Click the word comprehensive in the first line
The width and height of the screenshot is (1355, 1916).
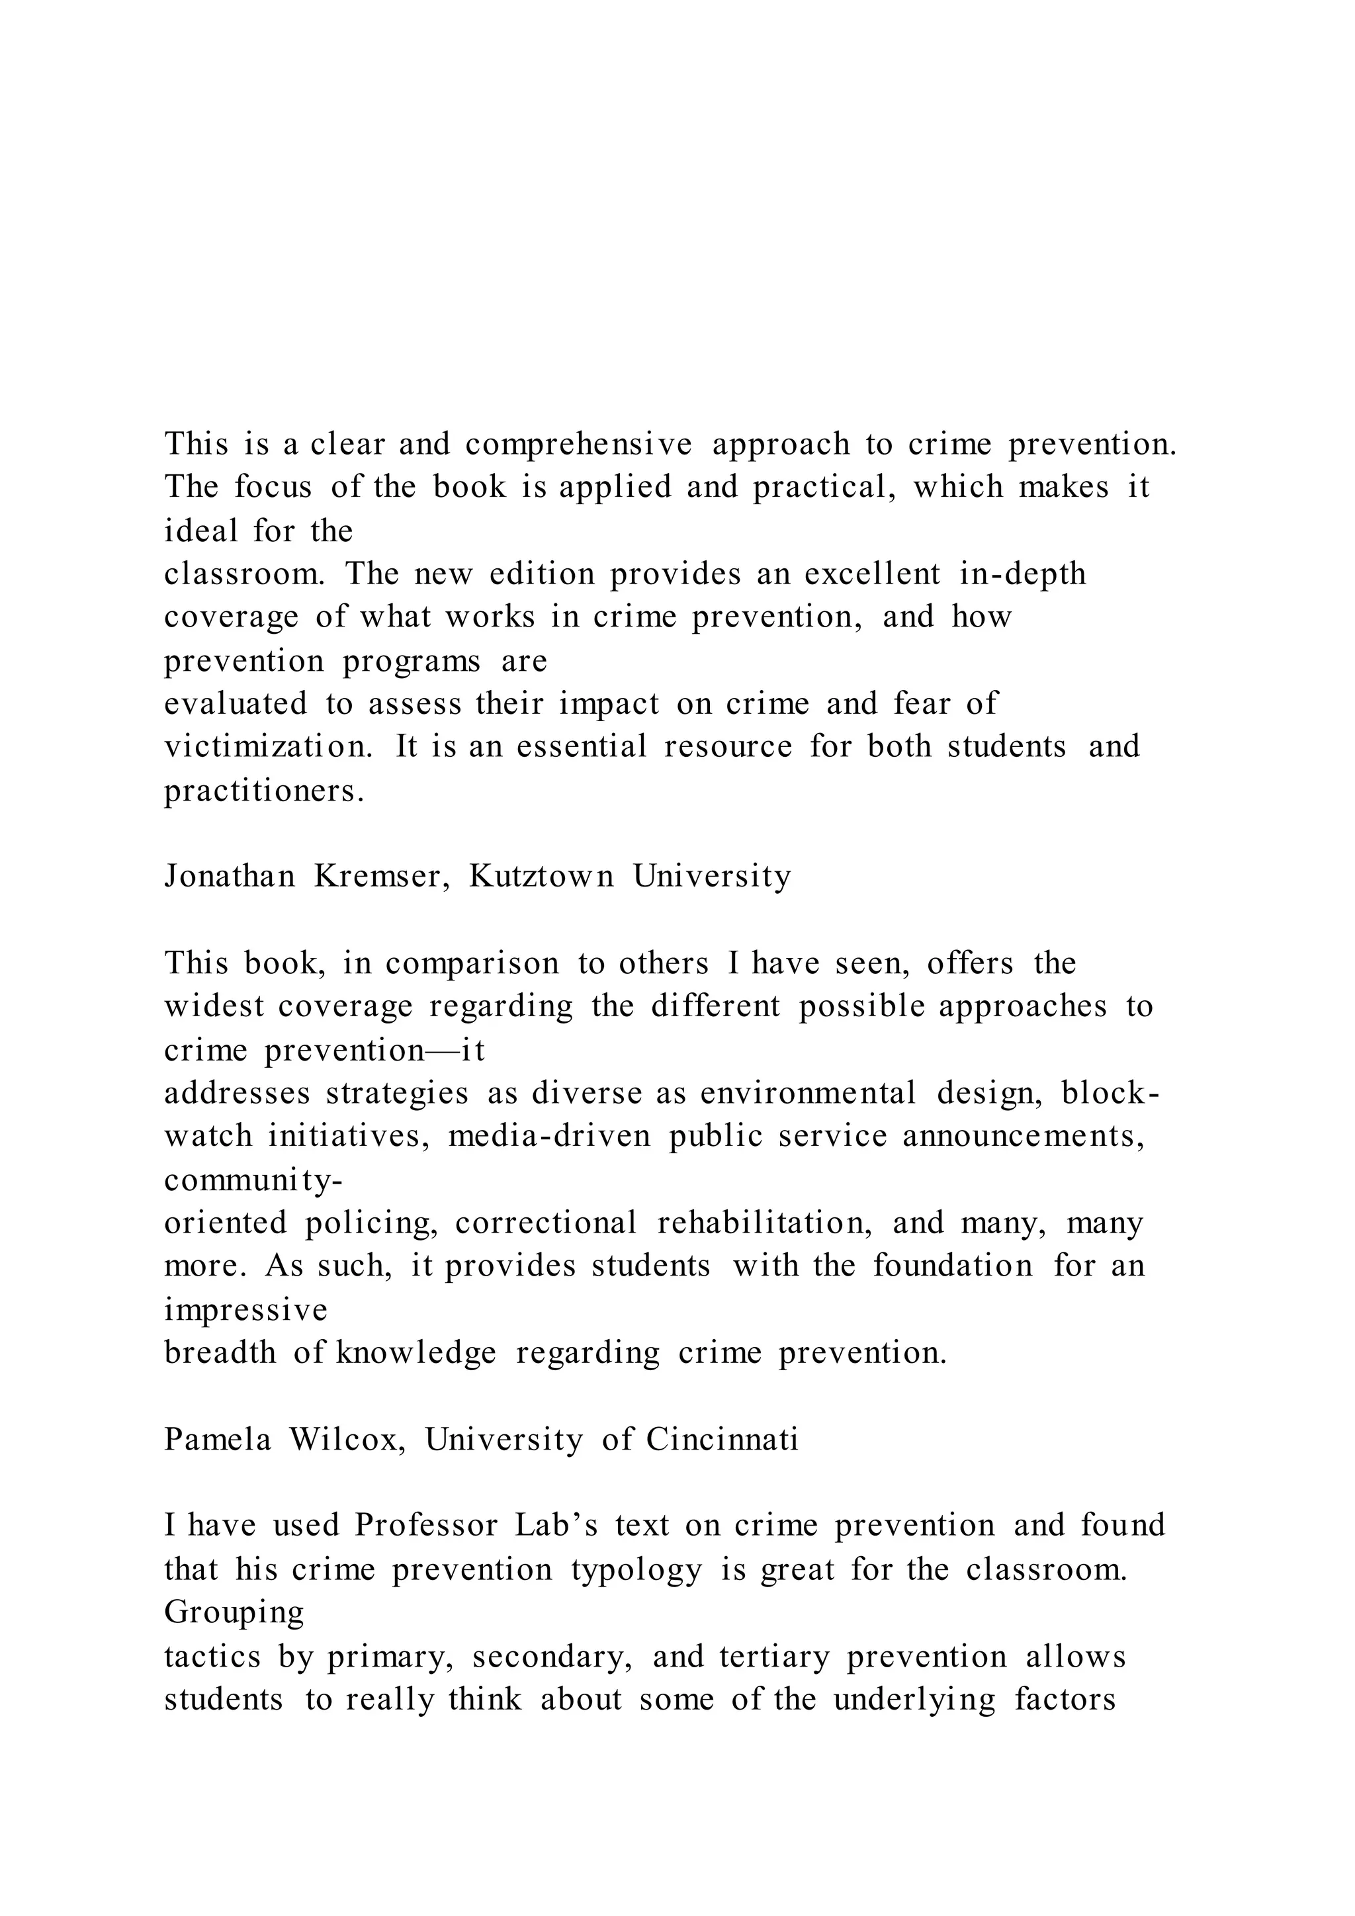coord(578,445)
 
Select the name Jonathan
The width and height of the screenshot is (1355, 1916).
coord(230,876)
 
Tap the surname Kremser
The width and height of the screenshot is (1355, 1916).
coord(377,876)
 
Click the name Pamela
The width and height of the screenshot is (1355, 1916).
coord(218,1440)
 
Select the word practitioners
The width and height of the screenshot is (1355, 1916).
coord(265,790)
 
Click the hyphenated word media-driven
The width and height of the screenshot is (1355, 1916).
coord(550,1137)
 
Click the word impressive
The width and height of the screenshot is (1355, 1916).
coord(246,1309)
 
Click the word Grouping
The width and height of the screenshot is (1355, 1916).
coord(234,1612)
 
